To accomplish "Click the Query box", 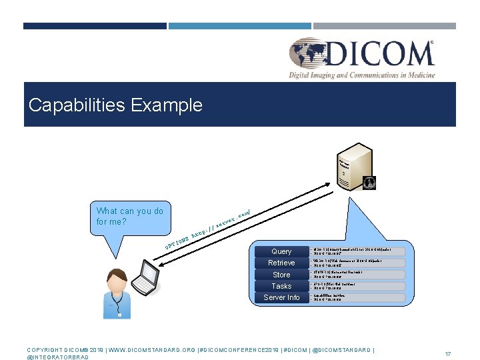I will coord(281,251).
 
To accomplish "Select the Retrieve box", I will coord(281,263).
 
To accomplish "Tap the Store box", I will coord(281,275).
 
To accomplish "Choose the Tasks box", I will coord(281,286).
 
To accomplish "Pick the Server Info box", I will coord(281,297).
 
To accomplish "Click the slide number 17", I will coord(448,354).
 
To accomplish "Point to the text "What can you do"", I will coord(130,211).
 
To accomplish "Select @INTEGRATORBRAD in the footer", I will coord(57,357).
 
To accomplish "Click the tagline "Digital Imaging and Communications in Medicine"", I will coord(362,75).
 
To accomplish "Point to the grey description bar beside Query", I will coord(357,251).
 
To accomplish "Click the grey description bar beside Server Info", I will coord(357,297).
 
